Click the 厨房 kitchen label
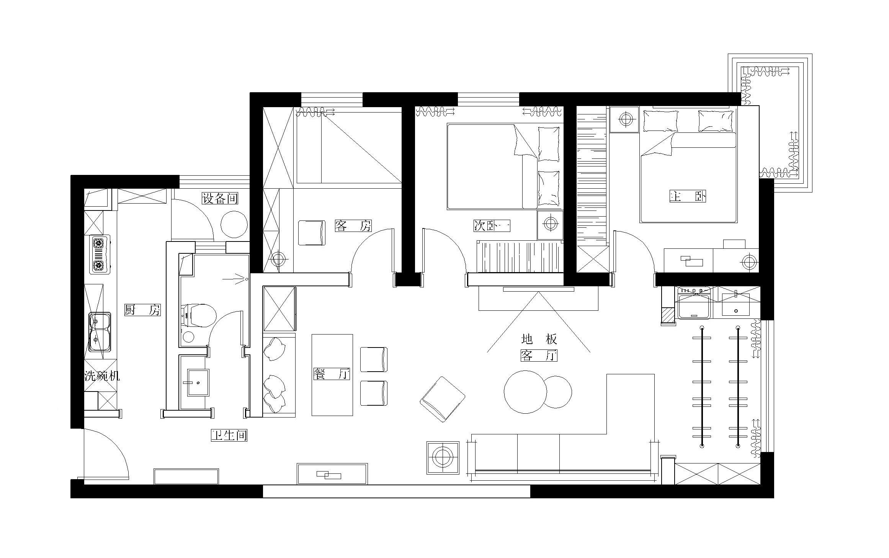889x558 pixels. tap(142, 310)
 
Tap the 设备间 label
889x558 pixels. tap(220, 198)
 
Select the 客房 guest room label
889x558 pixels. tap(353, 226)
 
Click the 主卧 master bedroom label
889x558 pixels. tap(687, 196)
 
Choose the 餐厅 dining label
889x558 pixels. tap(332, 374)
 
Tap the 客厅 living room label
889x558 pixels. tap(539, 356)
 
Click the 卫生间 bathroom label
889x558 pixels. tap(229, 435)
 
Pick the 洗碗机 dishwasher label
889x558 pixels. tap(102, 376)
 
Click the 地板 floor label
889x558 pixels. tap(539, 339)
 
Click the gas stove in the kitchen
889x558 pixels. tap(100, 255)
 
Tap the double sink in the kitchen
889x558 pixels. tap(100, 332)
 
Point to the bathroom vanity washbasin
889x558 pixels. tap(198, 382)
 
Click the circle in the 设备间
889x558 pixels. tap(234, 224)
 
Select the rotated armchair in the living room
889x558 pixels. tap(443, 399)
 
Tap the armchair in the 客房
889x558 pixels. tap(312, 233)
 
